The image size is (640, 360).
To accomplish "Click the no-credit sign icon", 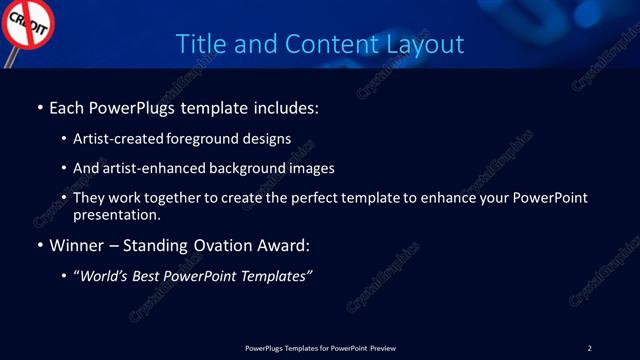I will [x=27, y=27].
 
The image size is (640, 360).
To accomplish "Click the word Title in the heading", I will [x=199, y=44].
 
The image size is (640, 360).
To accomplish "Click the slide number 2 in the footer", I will [x=589, y=348].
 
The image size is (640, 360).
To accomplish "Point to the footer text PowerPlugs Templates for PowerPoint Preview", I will [x=320, y=348].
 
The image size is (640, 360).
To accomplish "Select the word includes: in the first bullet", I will [x=285, y=107].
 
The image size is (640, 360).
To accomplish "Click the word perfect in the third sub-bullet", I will [x=304, y=198].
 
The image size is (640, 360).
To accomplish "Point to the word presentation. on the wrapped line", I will [x=117, y=214].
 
